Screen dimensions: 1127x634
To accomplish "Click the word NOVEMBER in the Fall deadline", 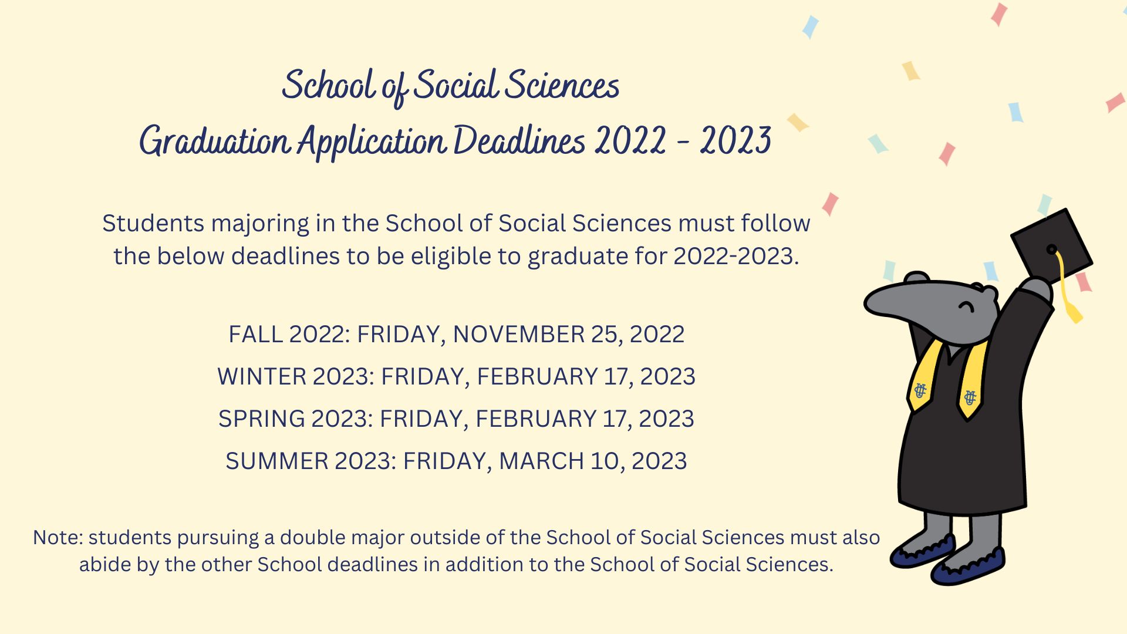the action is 519,335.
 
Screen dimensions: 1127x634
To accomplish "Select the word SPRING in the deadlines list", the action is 262,419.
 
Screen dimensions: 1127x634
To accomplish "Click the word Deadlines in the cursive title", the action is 519,141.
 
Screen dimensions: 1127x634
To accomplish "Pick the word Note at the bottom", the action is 58,538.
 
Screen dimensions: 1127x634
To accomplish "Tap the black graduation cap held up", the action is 1051,247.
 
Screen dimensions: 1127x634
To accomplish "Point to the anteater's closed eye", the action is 966,306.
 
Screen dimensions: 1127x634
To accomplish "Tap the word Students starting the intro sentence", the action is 153,224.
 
